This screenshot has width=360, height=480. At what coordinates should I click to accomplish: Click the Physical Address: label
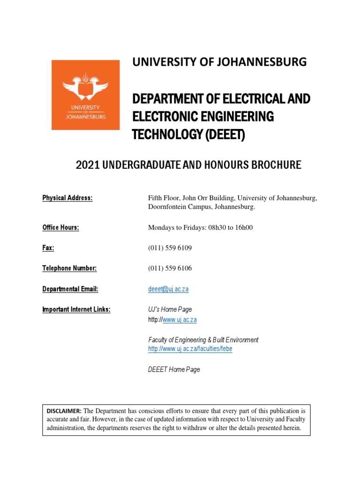pyautogui.click(x=67, y=198)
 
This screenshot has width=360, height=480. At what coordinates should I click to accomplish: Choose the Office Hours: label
pyautogui.click(x=60, y=228)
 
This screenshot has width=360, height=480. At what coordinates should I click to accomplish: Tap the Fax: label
pyautogui.click(x=48, y=248)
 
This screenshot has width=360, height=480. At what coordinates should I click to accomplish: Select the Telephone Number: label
pyautogui.click(x=69, y=268)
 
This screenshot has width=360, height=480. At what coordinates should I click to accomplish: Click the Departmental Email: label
pyautogui.click(x=70, y=289)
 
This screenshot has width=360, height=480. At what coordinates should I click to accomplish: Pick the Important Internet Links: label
pyautogui.click(x=76, y=309)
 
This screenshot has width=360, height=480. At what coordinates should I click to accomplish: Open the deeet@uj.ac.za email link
pyautogui.click(x=168, y=289)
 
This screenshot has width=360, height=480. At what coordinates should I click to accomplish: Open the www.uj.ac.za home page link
pyautogui.click(x=180, y=320)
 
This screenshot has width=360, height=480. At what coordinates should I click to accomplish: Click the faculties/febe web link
pyautogui.click(x=190, y=349)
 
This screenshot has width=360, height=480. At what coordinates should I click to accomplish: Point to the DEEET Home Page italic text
pyautogui.click(x=174, y=369)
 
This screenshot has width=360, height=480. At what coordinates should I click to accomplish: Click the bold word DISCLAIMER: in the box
pyautogui.click(x=64, y=411)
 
